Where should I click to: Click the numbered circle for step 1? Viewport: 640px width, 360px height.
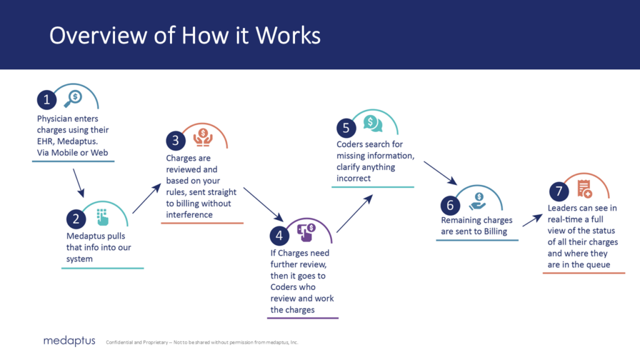[x=46, y=100]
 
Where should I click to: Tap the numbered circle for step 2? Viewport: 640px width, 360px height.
[x=76, y=219]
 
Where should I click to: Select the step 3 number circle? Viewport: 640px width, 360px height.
[x=176, y=141]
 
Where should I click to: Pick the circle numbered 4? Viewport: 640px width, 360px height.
[x=279, y=235]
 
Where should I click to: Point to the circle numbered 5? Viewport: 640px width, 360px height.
[x=346, y=127]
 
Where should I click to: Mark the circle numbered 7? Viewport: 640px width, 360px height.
[x=557, y=191]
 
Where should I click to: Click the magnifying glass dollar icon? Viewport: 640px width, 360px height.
[x=73, y=97]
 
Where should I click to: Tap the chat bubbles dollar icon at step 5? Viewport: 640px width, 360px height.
[x=373, y=123]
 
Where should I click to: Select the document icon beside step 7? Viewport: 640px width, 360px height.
[x=584, y=187]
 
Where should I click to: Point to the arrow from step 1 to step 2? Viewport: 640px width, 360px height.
[x=79, y=182]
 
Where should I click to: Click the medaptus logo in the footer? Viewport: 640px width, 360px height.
[x=69, y=341]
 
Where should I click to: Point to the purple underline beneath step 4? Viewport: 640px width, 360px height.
[x=303, y=318]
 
